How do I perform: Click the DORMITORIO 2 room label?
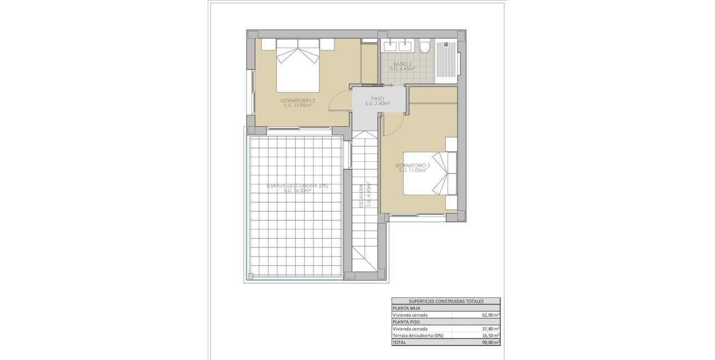click(x=298, y=100)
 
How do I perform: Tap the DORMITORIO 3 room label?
click(x=413, y=165)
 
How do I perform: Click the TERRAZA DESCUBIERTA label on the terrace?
click(x=297, y=186)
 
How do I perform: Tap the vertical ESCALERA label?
click(x=361, y=196)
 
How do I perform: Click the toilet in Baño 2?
click(x=425, y=47)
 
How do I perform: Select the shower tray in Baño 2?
click(x=446, y=60)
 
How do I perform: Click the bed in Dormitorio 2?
click(x=298, y=65)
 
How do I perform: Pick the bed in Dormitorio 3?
click(x=430, y=173)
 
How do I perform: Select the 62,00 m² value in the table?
click(x=490, y=315)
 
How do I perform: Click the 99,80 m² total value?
click(x=490, y=342)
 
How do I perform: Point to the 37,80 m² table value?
click(x=490, y=328)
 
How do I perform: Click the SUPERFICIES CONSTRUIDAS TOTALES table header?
click(x=446, y=301)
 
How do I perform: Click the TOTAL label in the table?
click(x=399, y=342)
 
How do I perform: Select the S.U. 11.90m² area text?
click(x=298, y=105)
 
